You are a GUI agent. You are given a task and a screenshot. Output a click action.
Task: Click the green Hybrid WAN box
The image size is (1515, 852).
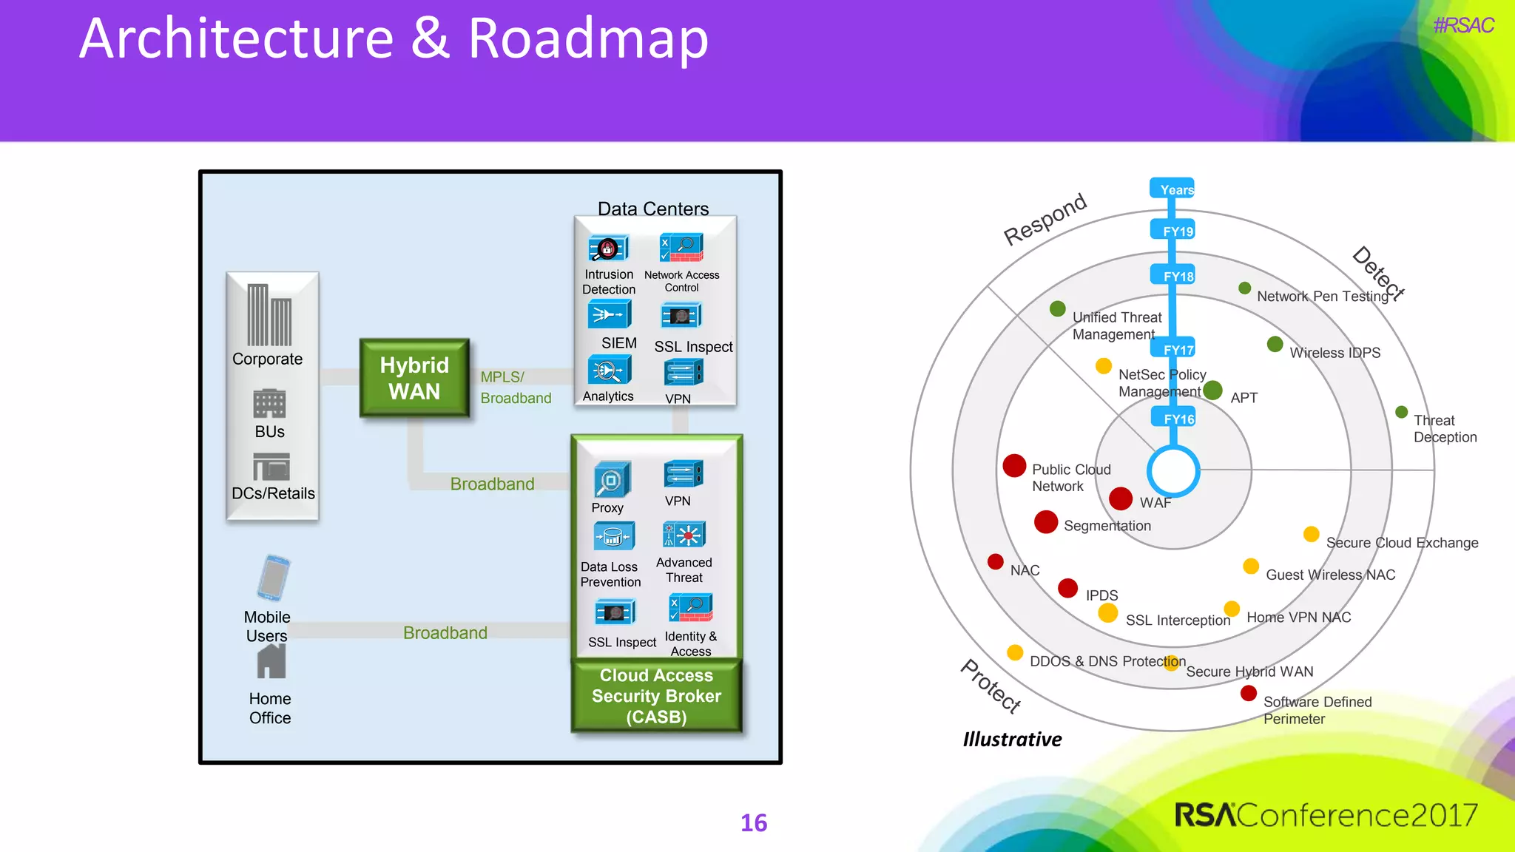click(x=414, y=378)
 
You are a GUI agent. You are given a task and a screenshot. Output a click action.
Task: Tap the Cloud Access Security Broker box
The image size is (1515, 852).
click(x=656, y=695)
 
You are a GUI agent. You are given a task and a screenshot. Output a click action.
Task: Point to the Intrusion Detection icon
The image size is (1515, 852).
click(x=608, y=249)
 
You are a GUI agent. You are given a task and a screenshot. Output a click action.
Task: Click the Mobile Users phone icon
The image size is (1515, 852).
click(x=273, y=578)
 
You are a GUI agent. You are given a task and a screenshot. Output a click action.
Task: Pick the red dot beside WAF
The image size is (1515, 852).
click(x=1121, y=498)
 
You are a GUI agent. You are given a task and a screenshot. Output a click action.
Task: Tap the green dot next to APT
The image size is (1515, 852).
click(x=1212, y=390)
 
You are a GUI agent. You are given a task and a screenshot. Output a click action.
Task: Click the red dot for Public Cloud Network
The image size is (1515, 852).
click(x=1014, y=465)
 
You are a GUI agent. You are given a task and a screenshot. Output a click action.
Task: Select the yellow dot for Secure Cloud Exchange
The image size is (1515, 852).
click(x=1311, y=534)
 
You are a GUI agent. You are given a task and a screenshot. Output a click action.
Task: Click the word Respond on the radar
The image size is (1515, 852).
click(x=1045, y=219)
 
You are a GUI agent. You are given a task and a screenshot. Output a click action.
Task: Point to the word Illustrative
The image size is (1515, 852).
click(x=1011, y=739)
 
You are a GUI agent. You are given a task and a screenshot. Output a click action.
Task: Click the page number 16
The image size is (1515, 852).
click(x=754, y=822)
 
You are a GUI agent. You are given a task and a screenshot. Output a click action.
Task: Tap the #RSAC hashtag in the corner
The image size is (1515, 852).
click(x=1463, y=26)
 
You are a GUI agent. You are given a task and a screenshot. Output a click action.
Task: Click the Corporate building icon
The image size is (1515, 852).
click(x=269, y=315)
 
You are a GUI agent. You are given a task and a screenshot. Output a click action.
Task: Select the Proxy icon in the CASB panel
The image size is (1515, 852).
click(x=612, y=480)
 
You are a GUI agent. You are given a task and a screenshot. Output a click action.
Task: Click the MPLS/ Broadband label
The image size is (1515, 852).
click(x=515, y=387)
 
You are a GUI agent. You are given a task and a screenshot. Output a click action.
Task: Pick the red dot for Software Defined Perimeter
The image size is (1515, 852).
click(x=1249, y=693)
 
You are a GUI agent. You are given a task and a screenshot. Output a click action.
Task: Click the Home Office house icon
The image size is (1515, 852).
click(x=271, y=661)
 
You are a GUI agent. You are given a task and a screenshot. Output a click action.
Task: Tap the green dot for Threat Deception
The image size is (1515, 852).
click(x=1401, y=412)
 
